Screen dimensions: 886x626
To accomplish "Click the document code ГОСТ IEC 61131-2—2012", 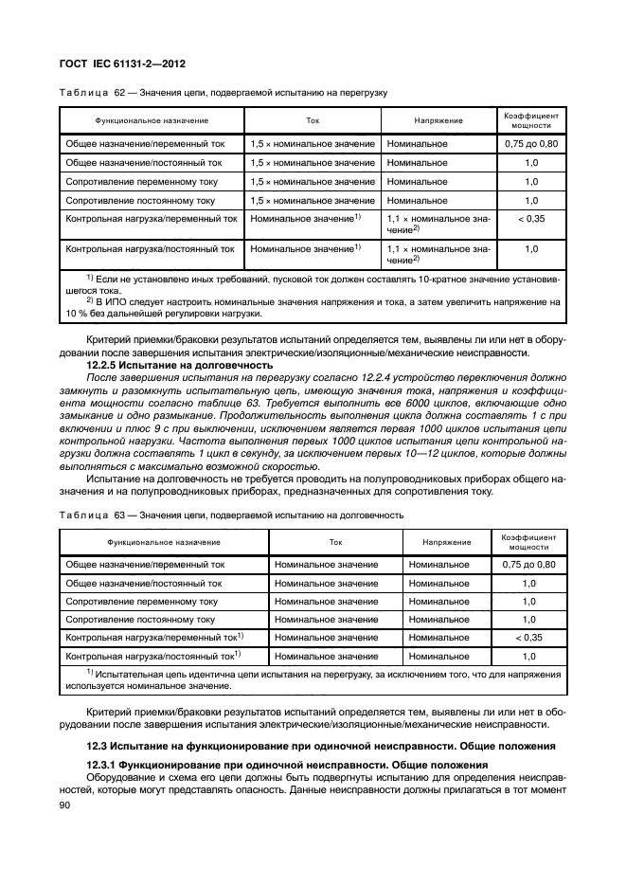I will [x=124, y=63].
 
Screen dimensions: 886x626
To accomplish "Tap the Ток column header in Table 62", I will [x=313, y=121].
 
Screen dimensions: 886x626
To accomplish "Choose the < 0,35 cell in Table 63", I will [x=528, y=637].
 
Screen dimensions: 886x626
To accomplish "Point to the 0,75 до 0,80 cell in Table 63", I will [x=528, y=565].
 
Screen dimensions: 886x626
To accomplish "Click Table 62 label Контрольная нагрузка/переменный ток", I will [x=150, y=219].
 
